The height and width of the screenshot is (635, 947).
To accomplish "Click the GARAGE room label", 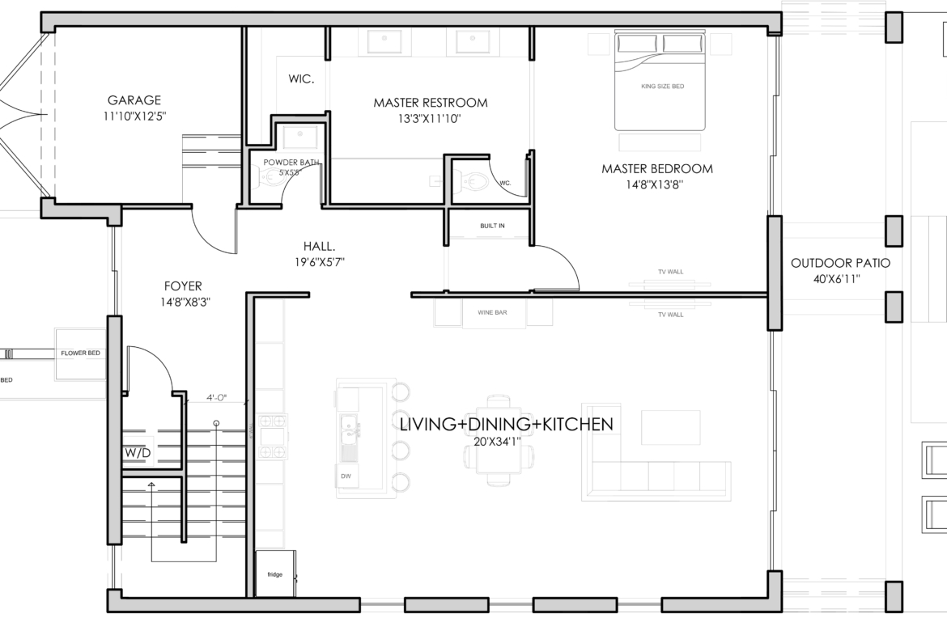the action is (x=134, y=100).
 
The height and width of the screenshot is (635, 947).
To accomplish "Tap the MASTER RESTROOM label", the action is (x=430, y=103).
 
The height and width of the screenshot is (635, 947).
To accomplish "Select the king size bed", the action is (x=660, y=82).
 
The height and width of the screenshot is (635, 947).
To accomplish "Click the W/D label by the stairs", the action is (x=138, y=453).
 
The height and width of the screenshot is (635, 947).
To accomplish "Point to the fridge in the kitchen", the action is (x=275, y=574).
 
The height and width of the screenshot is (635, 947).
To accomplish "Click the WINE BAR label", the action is (x=492, y=313).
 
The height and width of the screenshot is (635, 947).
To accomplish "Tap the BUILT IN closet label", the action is (x=492, y=226).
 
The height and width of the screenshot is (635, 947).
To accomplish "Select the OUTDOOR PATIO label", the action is (x=840, y=263).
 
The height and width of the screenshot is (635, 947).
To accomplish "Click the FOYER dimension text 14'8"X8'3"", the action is (x=185, y=303).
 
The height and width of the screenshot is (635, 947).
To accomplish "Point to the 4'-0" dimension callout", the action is (x=216, y=398).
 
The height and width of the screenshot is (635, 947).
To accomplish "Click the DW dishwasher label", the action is (x=346, y=476).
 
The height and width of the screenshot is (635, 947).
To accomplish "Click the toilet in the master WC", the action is (x=470, y=180).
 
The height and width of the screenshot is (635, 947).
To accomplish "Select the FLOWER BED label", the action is (x=80, y=353).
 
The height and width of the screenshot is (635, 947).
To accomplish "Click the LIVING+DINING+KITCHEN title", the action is (x=506, y=425).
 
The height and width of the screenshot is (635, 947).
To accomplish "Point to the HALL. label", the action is (x=320, y=246).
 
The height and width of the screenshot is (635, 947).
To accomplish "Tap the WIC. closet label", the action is (x=301, y=79).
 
